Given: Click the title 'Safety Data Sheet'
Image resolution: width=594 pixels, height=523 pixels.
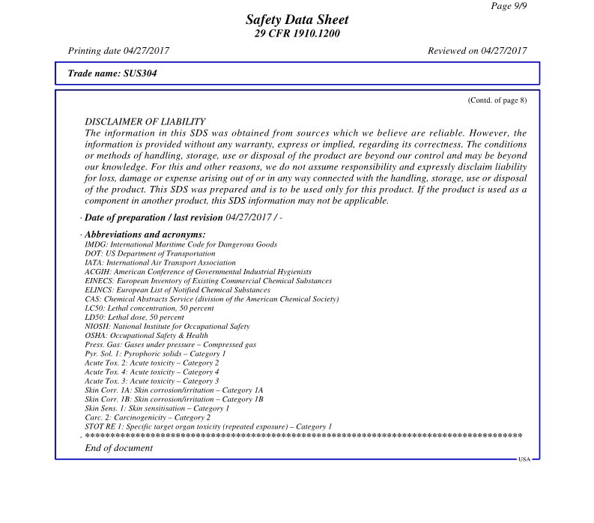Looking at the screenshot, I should pos(297,20).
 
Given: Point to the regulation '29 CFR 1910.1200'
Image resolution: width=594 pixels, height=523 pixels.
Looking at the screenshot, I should pos(297,34).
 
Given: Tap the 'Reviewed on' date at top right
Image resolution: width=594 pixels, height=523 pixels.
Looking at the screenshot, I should pos(477,51).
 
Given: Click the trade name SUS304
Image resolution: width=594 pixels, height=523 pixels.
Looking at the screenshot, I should pos(112,73).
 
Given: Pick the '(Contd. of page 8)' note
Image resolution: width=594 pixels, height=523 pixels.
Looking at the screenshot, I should pos(497,100).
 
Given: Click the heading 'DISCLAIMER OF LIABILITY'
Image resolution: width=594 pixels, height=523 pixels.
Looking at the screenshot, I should pos(145,121).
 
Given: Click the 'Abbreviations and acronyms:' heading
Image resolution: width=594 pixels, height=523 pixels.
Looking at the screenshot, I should pos(145,235).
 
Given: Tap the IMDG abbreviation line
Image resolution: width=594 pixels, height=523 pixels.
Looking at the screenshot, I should pos(181,244).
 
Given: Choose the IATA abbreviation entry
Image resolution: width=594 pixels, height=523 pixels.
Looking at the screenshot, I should pos(160,263).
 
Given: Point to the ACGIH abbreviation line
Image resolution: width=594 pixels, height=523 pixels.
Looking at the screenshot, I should pos(198,272).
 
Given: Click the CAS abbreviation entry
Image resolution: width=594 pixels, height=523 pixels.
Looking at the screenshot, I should pos(212,299).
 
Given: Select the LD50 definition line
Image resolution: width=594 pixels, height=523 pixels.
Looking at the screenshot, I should pos(134,317).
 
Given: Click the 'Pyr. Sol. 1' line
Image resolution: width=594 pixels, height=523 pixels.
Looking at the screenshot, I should pos(155,354).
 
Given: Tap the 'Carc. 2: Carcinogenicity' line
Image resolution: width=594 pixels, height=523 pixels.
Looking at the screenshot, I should pos(148,417).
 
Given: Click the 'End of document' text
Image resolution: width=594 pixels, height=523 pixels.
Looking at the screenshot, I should pos(119,448).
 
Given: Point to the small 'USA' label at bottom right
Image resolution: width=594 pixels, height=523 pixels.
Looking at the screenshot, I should pos(524,459).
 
